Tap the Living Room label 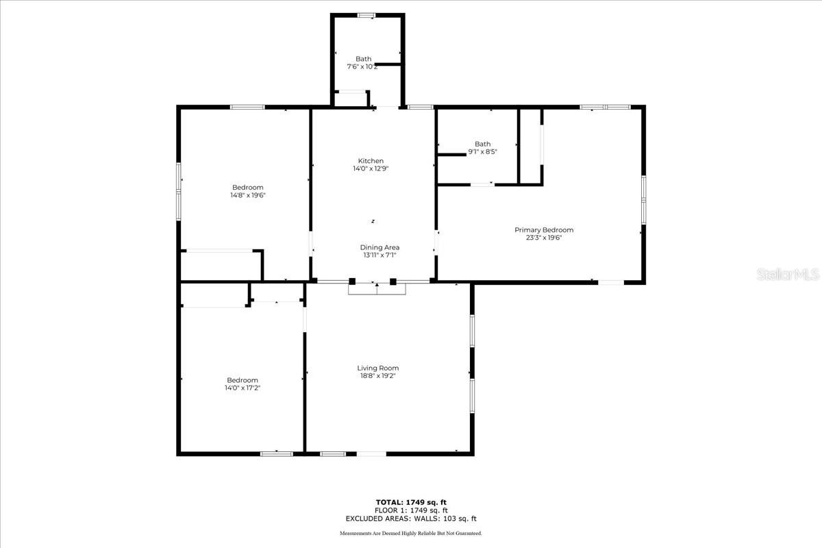tap(378, 368)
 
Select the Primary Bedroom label tap(544, 230)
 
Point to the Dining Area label tap(379, 247)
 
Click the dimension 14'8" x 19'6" tap(247, 195)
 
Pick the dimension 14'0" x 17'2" tap(242, 388)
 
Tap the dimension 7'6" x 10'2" tap(363, 66)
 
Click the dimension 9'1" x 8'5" tap(482, 151)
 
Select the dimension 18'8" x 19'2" tap(378, 375)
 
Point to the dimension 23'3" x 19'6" tap(544, 238)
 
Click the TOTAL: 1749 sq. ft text tap(411, 502)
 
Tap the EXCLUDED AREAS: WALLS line tap(411, 519)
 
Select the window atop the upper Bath tap(366, 15)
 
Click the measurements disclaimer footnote tap(411, 533)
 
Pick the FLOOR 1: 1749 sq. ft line tap(411, 510)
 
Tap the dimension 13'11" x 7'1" tap(379, 255)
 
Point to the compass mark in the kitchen tap(373, 221)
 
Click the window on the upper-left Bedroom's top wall tap(247, 107)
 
